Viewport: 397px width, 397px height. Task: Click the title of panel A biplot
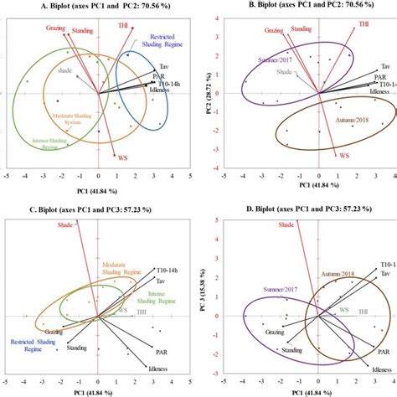click(x=98, y=8)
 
